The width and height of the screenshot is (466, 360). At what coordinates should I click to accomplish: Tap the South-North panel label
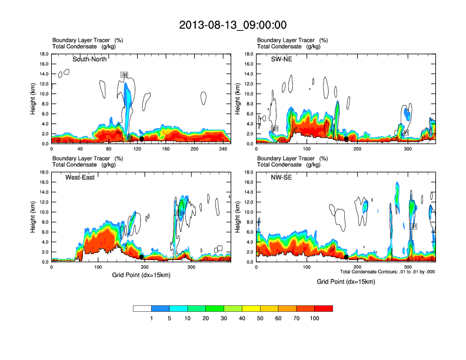tap(90, 59)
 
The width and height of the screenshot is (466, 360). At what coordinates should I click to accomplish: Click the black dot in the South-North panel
tap(141, 139)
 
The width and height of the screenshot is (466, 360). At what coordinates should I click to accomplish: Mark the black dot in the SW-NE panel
tap(347, 139)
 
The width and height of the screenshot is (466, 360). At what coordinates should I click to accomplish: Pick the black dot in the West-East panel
tap(141, 257)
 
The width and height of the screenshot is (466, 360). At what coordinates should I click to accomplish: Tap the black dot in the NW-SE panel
tap(347, 257)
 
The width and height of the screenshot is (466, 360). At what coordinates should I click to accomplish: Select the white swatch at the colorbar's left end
tap(142, 308)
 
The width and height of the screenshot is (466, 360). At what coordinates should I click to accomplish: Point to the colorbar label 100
tap(315, 318)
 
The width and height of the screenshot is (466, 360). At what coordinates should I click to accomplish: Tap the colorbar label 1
tap(151, 318)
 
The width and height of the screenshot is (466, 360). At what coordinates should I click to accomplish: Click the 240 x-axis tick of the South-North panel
tap(221, 149)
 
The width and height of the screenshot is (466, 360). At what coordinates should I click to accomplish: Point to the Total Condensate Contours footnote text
tap(387, 272)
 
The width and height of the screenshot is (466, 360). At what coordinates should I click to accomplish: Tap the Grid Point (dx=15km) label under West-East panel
tap(141, 275)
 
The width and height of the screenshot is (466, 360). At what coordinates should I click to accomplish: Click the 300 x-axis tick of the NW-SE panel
tap(409, 267)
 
